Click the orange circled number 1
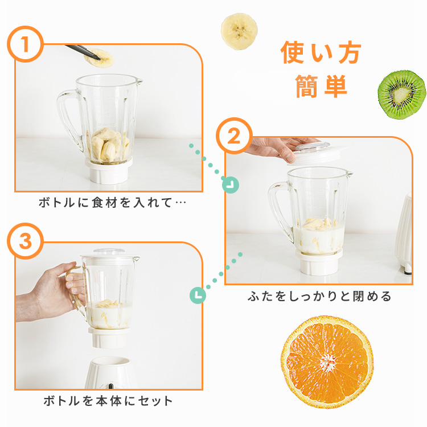click(x=25, y=44)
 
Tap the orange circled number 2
click(x=234, y=136)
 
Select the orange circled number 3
click(x=25, y=241)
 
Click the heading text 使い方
click(x=321, y=52)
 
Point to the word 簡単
click(x=321, y=86)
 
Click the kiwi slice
click(x=402, y=95)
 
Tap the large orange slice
click(x=327, y=362)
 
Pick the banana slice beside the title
click(x=239, y=31)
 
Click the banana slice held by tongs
click(x=98, y=58)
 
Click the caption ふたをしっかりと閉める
click(x=319, y=296)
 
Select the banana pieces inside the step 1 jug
click(x=108, y=145)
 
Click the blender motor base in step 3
click(x=110, y=372)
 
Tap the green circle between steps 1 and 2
click(x=231, y=185)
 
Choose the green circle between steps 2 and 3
click(x=198, y=295)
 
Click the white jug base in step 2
click(x=319, y=262)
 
